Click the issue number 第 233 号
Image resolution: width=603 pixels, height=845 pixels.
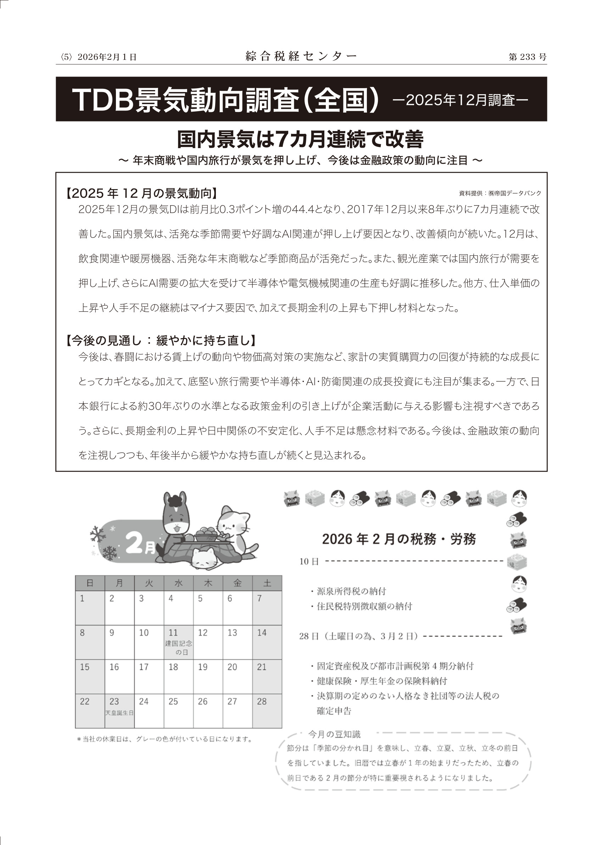527,57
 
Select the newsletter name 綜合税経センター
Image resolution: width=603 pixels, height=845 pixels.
301,56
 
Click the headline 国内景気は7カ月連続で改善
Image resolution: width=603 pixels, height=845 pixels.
300,140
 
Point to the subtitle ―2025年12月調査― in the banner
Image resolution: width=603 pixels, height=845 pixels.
460,100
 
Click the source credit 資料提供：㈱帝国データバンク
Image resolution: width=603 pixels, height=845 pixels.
500,193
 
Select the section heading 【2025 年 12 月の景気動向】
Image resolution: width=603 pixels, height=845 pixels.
141,193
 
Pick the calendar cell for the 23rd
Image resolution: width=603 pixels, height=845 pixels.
119,711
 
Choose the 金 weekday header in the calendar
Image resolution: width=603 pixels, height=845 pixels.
238,584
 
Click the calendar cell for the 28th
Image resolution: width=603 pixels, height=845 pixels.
267,711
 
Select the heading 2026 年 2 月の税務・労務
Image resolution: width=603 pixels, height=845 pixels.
399,539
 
